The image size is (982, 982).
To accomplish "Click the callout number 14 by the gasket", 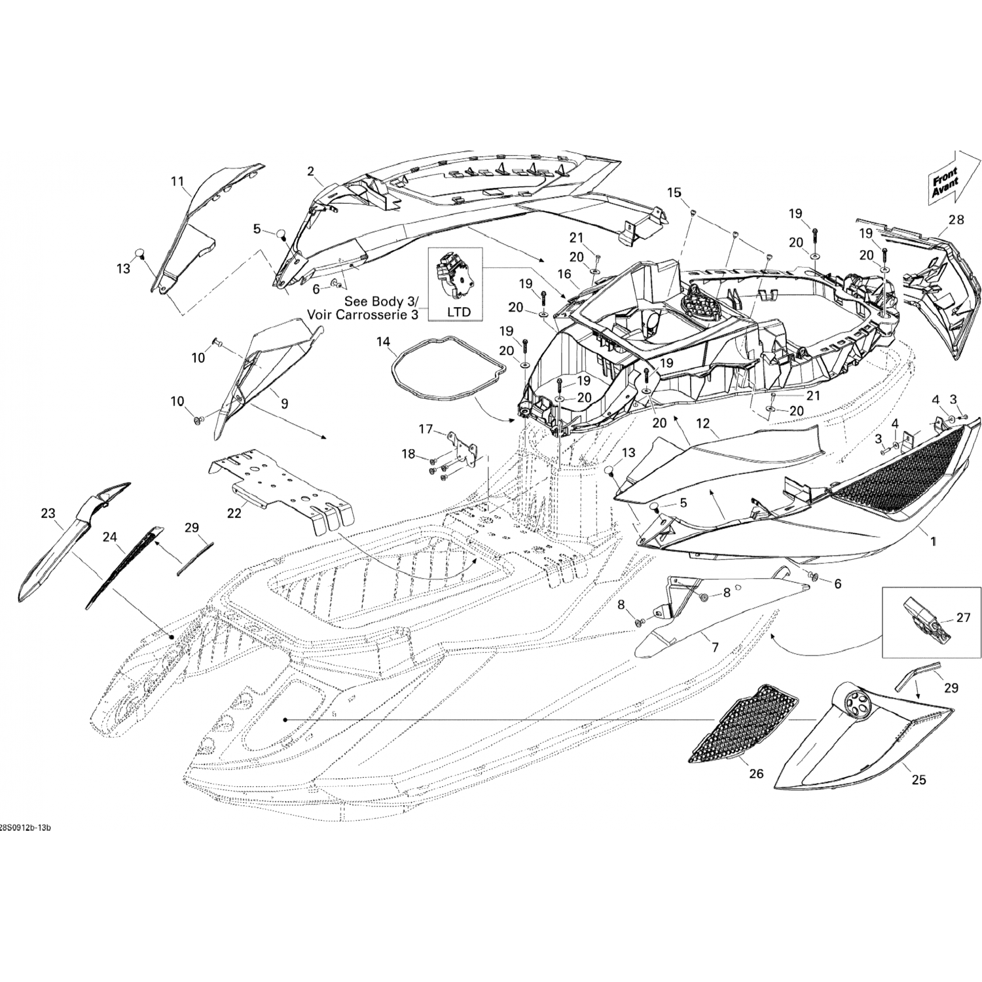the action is [382, 341].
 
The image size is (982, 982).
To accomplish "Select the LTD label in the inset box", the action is [458, 312].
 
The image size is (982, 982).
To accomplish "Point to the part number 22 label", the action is [234, 513].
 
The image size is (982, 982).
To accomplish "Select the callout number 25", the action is [918, 780].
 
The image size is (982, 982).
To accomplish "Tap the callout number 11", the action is [177, 181].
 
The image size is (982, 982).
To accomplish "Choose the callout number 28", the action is [956, 219].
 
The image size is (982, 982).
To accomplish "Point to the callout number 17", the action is [426, 429].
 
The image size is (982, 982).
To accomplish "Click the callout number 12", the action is [702, 424].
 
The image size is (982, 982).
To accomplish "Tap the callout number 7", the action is [715, 647].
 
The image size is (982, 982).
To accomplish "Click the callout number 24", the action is [110, 537].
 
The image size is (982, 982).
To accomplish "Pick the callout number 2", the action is [311, 172].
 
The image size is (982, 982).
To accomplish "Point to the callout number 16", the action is [564, 274].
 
